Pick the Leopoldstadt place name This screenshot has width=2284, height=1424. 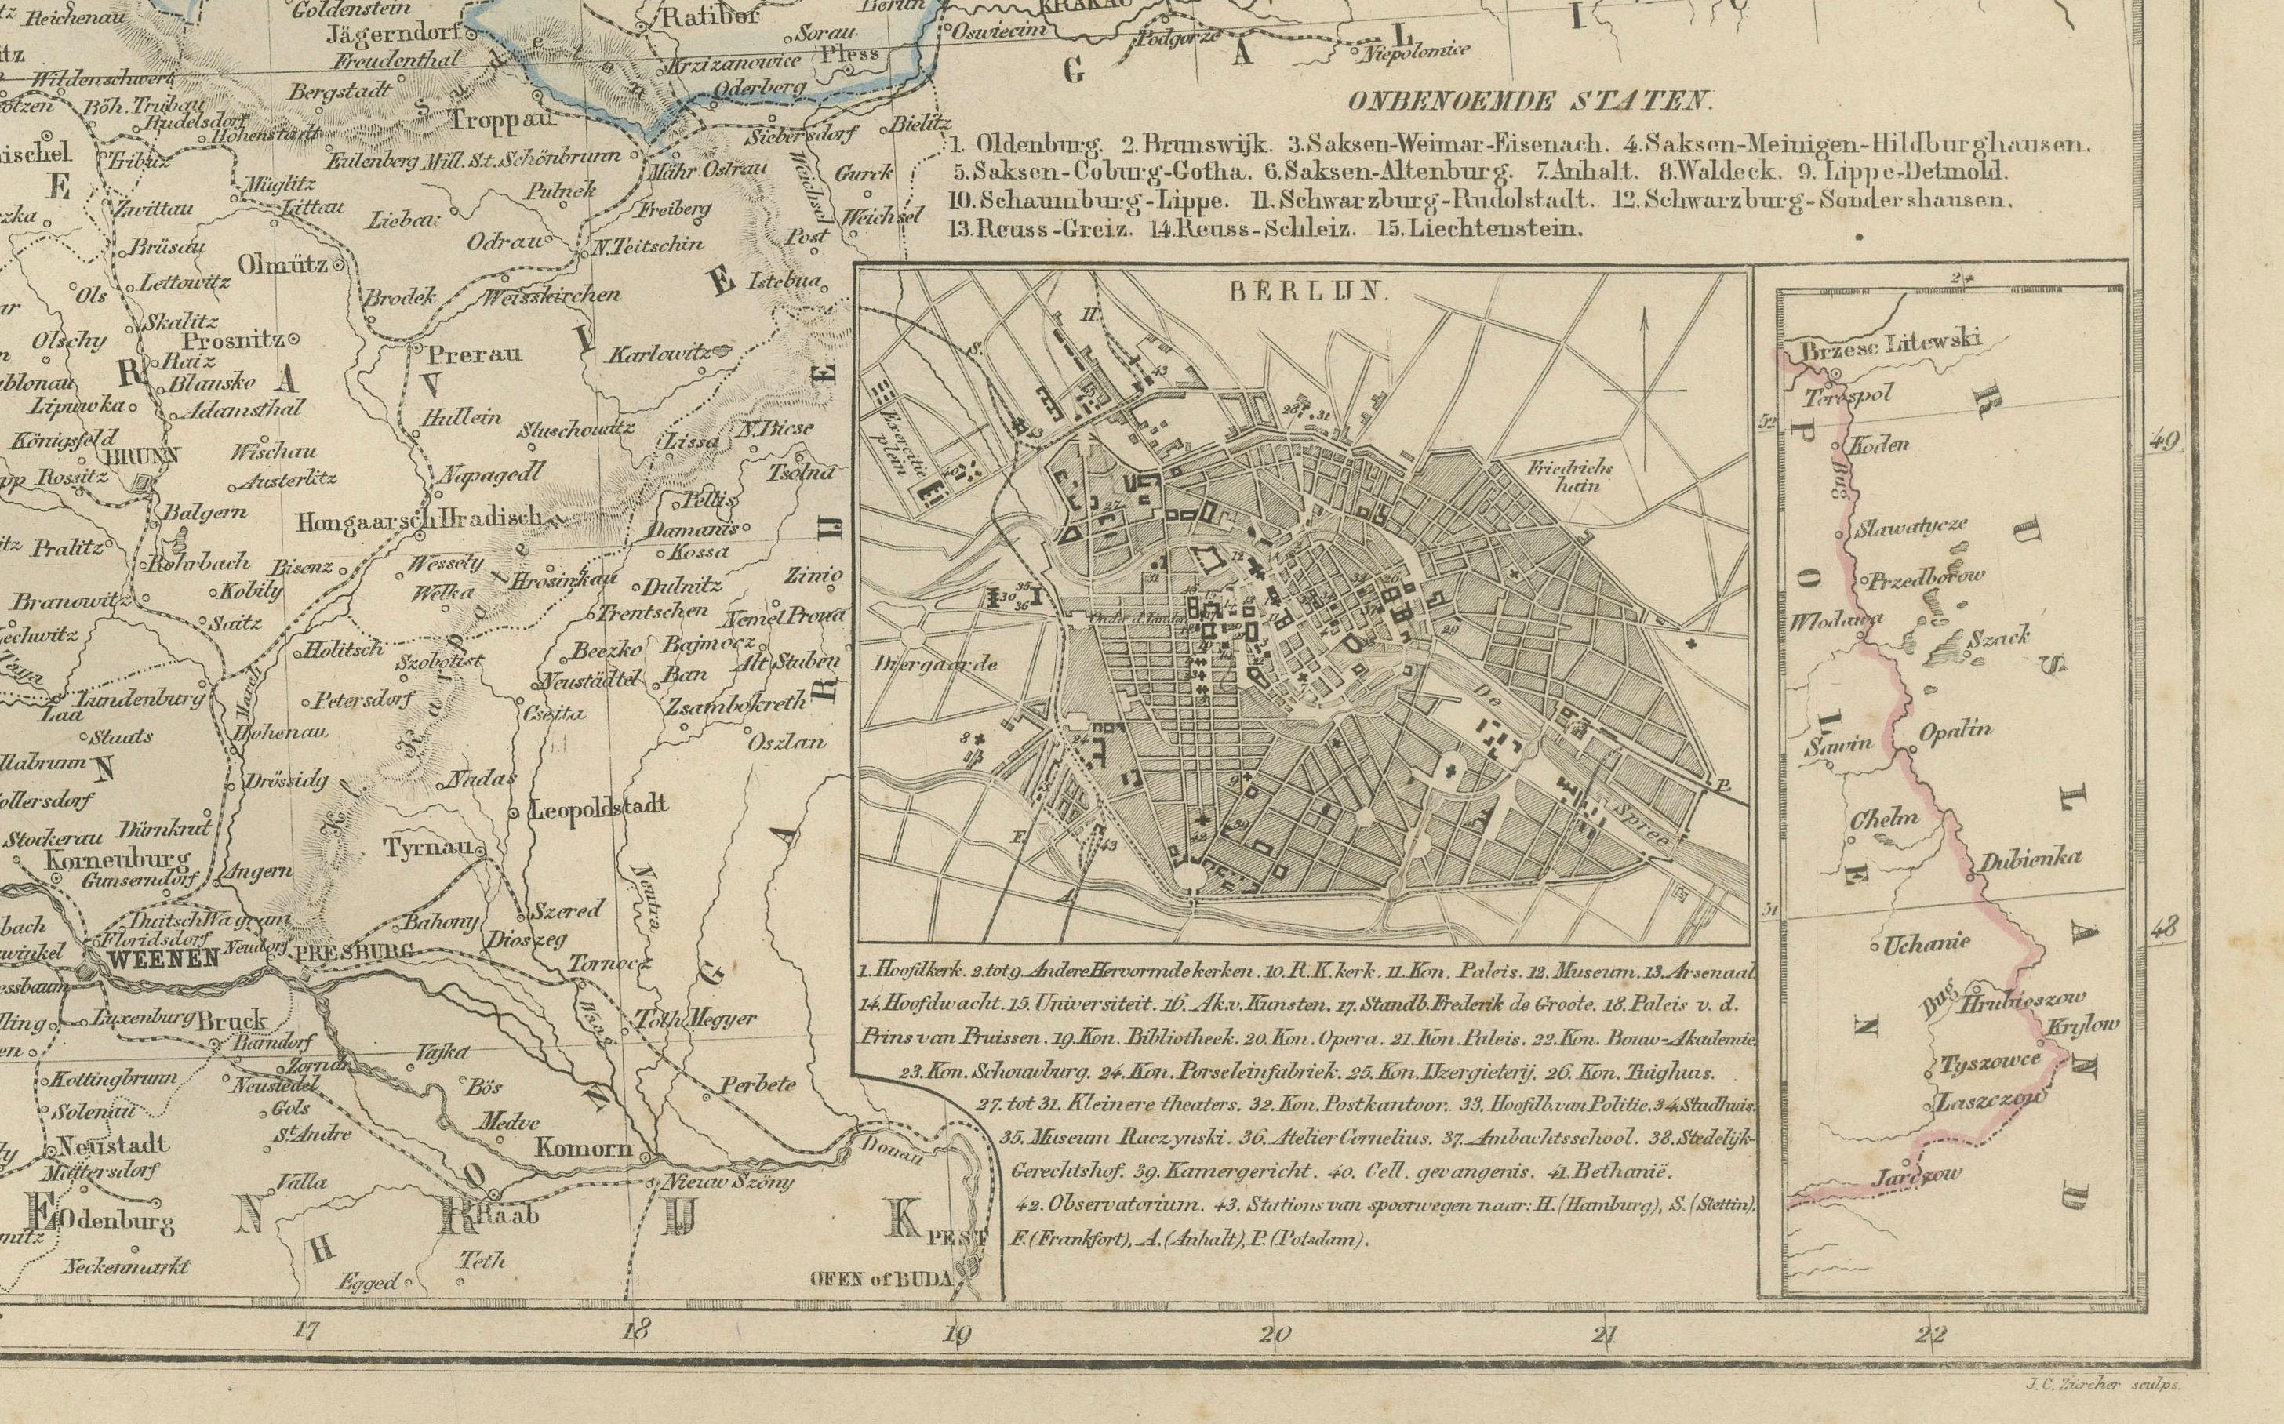pyautogui.click(x=600, y=806)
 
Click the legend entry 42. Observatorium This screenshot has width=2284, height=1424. pyautogui.click(x=1107, y=1204)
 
